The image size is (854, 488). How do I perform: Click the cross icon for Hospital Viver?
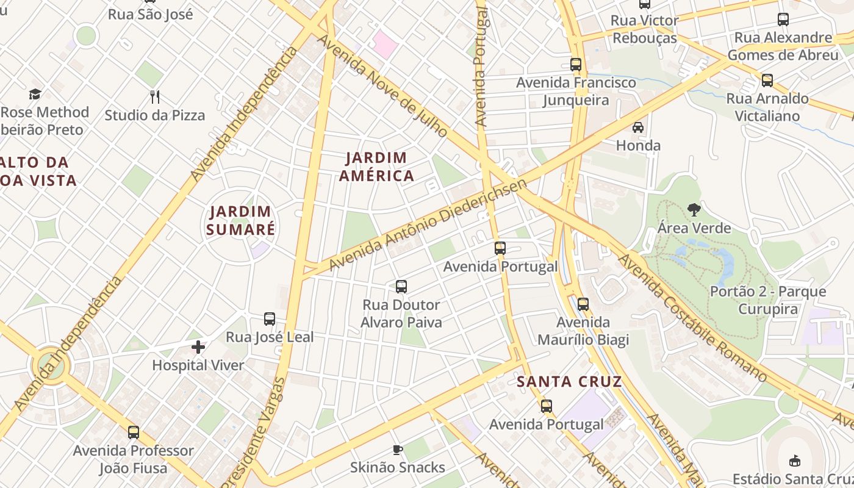(x=198, y=348)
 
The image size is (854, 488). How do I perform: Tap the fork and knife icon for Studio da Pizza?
(x=155, y=96)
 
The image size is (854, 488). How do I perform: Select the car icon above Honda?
(x=638, y=127)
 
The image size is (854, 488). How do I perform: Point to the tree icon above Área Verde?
(x=694, y=210)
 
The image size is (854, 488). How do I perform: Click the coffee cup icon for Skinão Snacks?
(x=398, y=450)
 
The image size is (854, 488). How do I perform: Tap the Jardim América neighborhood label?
(x=376, y=167)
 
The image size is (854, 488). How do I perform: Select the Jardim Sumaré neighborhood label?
(x=240, y=220)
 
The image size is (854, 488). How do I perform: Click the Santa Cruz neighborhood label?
(x=569, y=382)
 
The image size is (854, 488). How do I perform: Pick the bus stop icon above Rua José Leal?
(x=269, y=319)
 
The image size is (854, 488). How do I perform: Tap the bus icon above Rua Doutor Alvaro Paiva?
(x=401, y=287)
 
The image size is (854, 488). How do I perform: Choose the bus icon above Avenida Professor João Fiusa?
(x=134, y=432)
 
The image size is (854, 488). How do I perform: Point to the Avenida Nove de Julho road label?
(x=383, y=85)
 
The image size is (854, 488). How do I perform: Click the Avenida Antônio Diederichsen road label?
(x=428, y=225)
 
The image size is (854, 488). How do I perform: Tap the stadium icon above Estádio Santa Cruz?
(x=794, y=461)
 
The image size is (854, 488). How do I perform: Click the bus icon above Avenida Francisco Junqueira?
(x=576, y=65)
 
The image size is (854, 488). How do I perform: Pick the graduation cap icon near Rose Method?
(x=35, y=95)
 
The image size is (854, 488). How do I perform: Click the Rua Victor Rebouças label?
(x=645, y=29)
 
